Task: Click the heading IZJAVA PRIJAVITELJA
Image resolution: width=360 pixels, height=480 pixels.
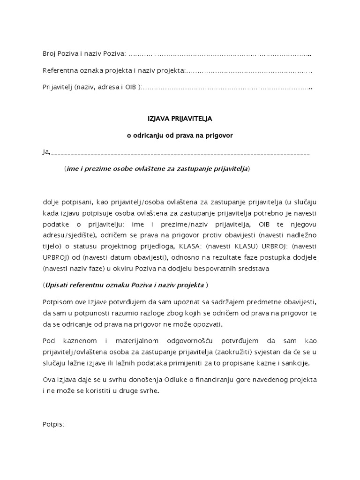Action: click(x=180, y=120)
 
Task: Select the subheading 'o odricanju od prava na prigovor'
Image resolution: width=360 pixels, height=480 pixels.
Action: click(x=180, y=135)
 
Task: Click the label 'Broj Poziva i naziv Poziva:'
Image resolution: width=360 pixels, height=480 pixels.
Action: click(x=84, y=55)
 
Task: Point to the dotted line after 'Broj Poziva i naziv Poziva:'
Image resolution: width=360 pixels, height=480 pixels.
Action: click(x=219, y=55)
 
